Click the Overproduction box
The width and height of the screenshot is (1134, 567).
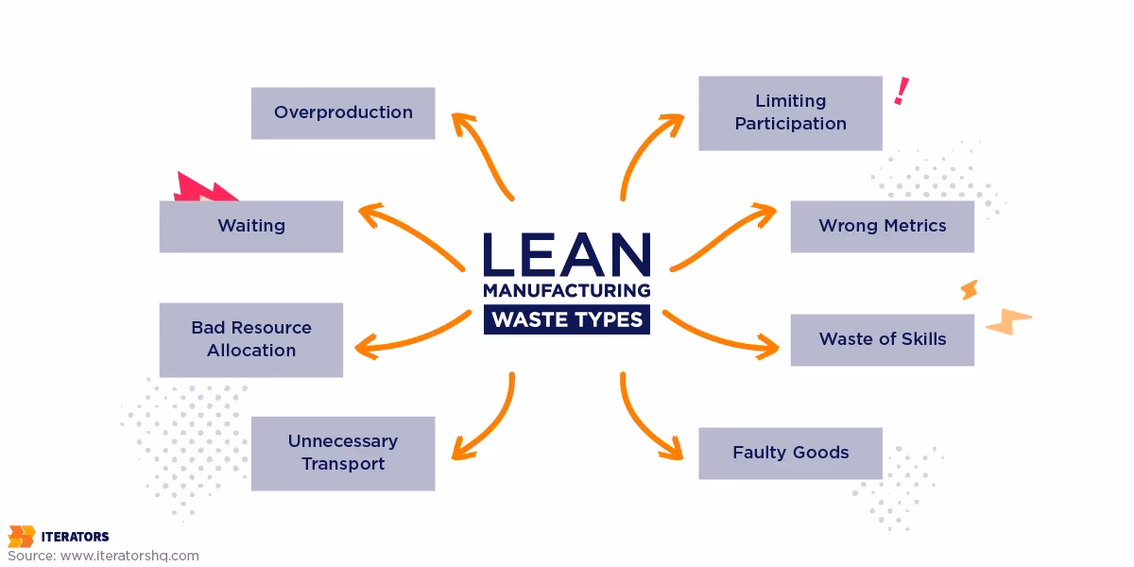pos(343,112)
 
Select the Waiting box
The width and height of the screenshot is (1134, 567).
pos(250,226)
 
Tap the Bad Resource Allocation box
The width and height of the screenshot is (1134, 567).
pos(250,339)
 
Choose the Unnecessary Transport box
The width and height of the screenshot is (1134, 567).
pos(343,453)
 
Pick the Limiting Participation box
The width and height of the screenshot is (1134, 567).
pos(790,112)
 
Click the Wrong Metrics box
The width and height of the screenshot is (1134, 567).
pos(882,226)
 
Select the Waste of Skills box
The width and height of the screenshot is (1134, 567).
pos(882,339)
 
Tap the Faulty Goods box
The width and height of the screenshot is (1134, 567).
pos(790,453)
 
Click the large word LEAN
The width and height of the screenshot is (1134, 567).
pos(567,255)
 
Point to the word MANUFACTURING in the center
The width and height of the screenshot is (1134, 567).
pos(567,290)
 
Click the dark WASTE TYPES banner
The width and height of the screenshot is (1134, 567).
pos(567,319)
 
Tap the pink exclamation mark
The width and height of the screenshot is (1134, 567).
pos(902,91)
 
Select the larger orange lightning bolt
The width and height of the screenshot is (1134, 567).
pos(1007,322)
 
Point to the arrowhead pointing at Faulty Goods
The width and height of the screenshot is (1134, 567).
pos(673,448)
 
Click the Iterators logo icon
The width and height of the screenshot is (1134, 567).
pos(21,536)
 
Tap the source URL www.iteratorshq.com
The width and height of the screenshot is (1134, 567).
pos(129,556)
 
